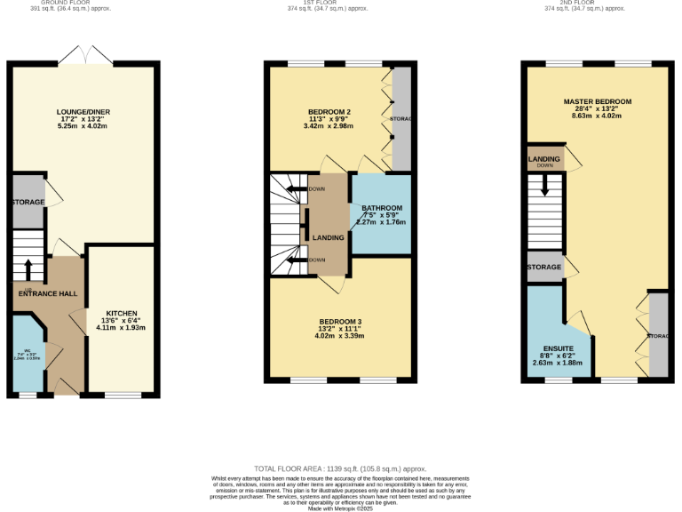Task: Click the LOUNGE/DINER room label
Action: coord(83,112)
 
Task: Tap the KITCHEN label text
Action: coord(121,314)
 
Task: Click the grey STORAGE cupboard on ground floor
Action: coord(28,202)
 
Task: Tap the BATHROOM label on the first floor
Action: coord(381,208)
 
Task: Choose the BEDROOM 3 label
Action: coord(340,321)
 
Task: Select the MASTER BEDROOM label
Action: coord(597,102)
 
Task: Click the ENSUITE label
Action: coord(558,348)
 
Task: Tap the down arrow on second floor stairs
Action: coord(545,186)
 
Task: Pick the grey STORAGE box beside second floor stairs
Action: coord(543,268)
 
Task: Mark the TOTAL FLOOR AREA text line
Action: coord(340,468)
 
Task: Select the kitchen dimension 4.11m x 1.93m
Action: coord(121,328)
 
